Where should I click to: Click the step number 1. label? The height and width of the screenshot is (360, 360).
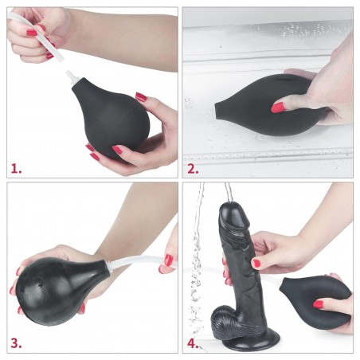(17, 168)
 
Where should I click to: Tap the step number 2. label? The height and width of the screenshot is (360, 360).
(193, 168)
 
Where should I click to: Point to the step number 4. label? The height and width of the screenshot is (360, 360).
(193, 344)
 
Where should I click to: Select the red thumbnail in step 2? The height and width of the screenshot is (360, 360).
(278, 107)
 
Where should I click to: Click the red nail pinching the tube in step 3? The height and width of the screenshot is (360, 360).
(168, 259)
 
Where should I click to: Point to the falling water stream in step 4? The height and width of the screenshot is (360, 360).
(198, 263)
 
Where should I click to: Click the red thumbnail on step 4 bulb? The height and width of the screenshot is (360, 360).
(319, 303)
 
